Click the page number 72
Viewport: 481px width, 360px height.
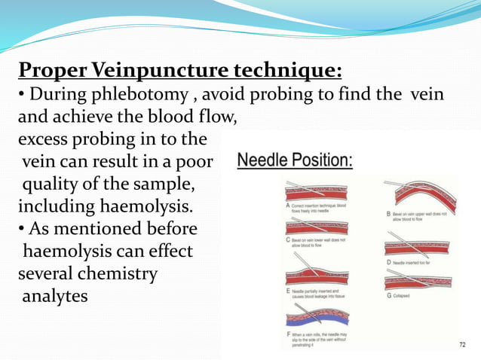click(463, 344)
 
